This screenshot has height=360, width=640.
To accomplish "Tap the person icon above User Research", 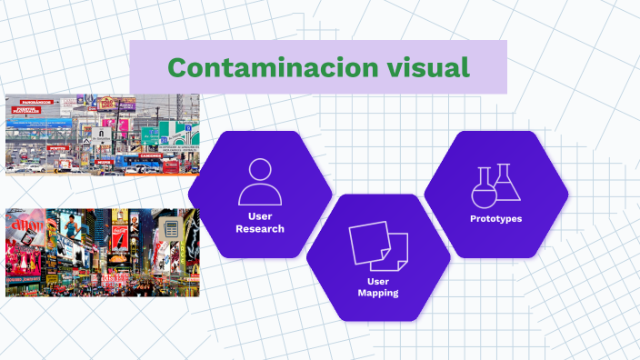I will pyautogui.click(x=259, y=182).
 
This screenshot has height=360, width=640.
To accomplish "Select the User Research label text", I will pyautogui.click(x=259, y=222).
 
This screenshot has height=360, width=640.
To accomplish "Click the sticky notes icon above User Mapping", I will pyautogui.click(x=377, y=245).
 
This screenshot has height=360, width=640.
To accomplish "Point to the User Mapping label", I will pyautogui.click(x=377, y=286).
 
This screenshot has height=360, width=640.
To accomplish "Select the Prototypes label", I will pyautogui.click(x=495, y=219).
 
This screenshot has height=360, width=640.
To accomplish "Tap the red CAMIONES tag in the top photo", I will pyautogui.click(x=151, y=155).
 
